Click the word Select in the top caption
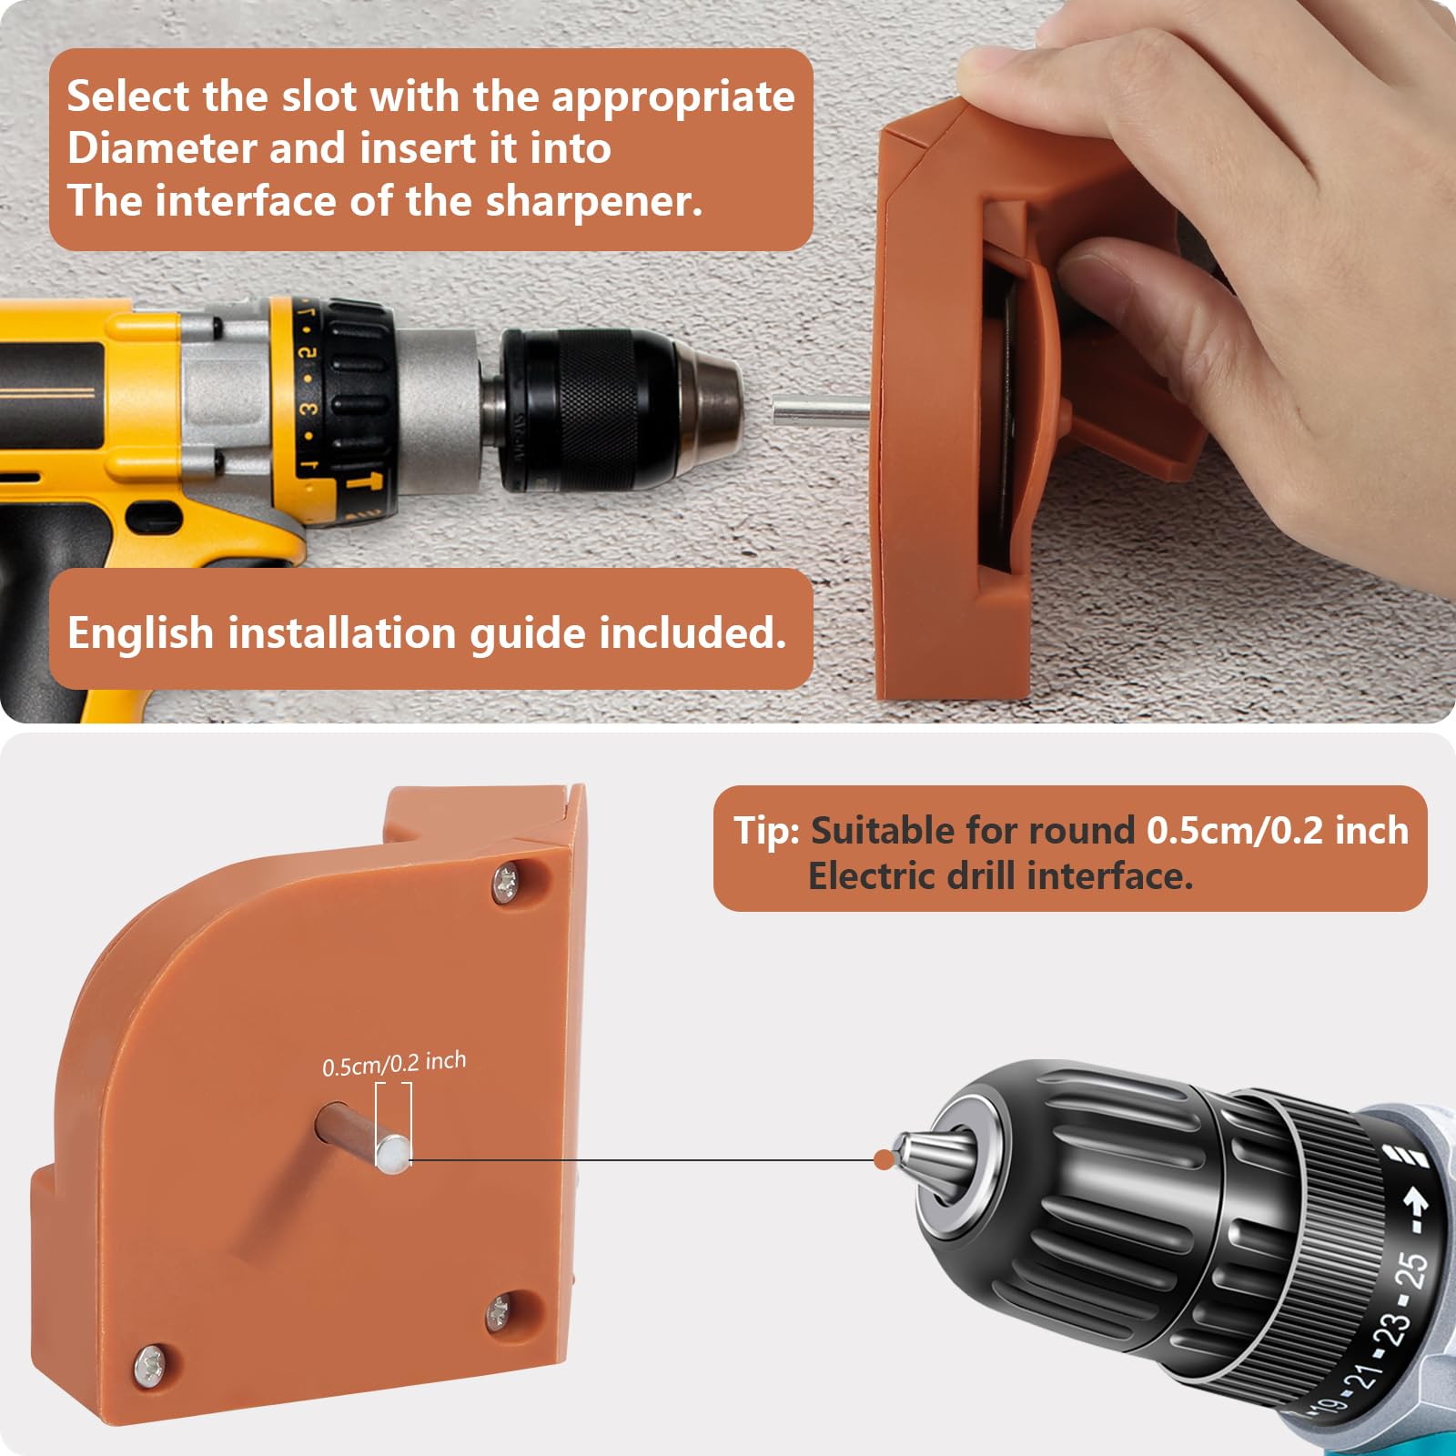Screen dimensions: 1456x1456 click(x=128, y=96)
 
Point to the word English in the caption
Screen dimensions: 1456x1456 click(x=140, y=634)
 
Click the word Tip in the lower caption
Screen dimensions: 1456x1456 click(x=766, y=831)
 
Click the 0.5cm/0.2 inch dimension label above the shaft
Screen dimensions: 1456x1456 click(x=394, y=1064)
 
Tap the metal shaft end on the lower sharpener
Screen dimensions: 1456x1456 click(x=393, y=1154)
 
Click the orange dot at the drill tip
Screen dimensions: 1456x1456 click(x=883, y=1159)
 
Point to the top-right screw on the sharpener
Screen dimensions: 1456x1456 click(x=506, y=883)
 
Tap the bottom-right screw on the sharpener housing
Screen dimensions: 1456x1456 click(x=498, y=1313)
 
